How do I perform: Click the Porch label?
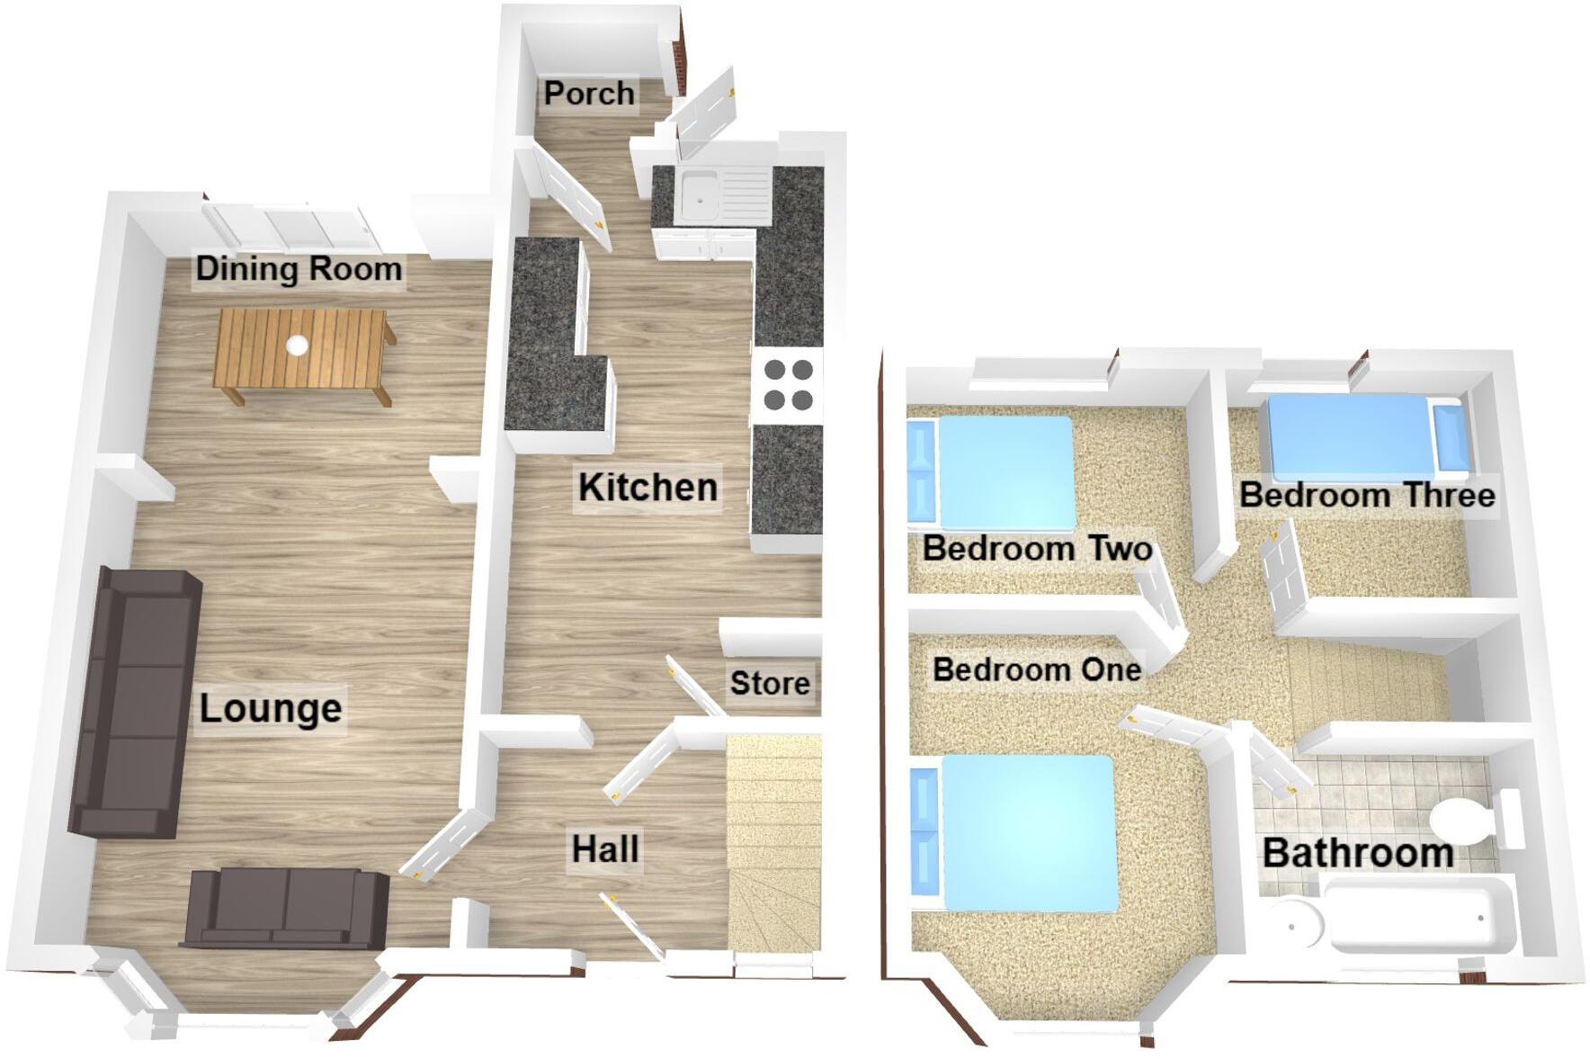tap(589, 94)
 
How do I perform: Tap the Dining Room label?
tap(299, 269)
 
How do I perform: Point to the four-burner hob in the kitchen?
tap(788, 384)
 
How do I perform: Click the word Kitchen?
tap(648, 488)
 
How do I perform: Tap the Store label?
tap(770, 684)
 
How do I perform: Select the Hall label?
tap(605, 848)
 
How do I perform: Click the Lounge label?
tap(270, 709)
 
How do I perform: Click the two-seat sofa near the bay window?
tap(286, 909)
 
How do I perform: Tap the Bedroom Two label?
tap(1037, 548)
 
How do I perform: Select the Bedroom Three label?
tap(1366, 495)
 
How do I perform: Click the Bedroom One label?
tap(1036, 669)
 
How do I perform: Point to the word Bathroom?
tap(1358, 853)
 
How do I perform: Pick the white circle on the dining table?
tap(297, 344)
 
